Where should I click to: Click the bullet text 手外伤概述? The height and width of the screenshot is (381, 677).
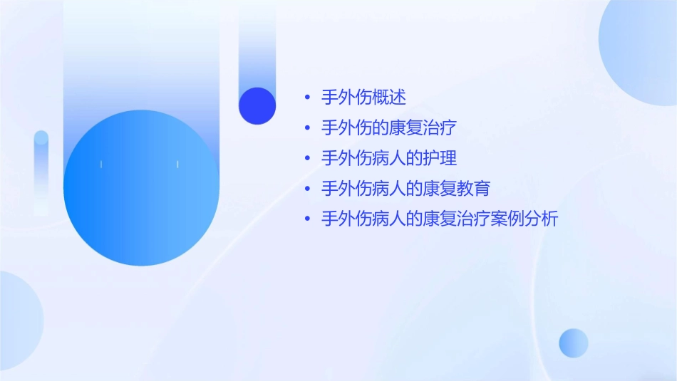click(363, 98)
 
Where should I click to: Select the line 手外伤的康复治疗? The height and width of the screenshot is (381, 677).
click(388, 128)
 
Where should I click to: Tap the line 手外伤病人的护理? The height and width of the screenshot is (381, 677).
click(388, 159)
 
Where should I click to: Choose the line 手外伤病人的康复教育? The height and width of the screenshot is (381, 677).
click(405, 189)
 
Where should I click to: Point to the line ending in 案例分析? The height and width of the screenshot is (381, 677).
click(440, 219)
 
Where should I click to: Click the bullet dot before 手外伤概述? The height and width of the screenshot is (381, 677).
click(307, 98)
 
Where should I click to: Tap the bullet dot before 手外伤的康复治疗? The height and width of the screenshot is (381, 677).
click(307, 128)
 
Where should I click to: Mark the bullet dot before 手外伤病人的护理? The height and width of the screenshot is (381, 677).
click(307, 159)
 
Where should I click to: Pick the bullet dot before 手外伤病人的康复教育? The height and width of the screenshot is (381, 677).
click(307, 189)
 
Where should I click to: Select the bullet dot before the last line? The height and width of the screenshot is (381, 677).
click(307, 219)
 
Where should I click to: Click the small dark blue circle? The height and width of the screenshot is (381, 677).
click(257, 106)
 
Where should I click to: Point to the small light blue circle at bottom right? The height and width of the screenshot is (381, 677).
click(574, 343)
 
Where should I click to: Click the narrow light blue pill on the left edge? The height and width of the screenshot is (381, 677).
click(41, 171)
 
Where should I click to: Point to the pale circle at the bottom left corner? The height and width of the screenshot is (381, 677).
click(18, 320)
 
